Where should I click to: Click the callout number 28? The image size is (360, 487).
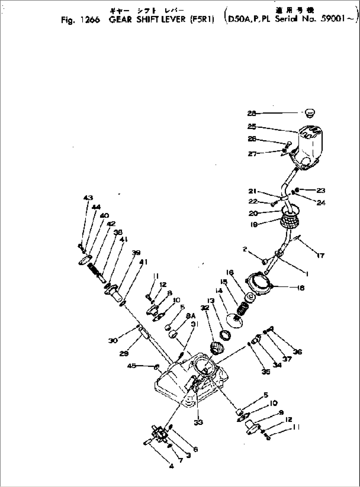click(252, 113)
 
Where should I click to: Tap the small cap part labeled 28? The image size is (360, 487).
click(309, 113)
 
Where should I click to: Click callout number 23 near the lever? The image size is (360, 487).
click(321, 190)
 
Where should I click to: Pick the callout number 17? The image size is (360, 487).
click(320, 255)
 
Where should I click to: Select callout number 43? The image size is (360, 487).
click(88, 198)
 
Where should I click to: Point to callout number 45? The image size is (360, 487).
click(132, 365)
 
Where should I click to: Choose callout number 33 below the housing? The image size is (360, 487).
click(198, 422)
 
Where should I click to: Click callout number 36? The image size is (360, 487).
click(298, 352)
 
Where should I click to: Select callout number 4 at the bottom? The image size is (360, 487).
click(171, 466)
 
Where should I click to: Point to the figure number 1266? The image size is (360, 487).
click(89, 20)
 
